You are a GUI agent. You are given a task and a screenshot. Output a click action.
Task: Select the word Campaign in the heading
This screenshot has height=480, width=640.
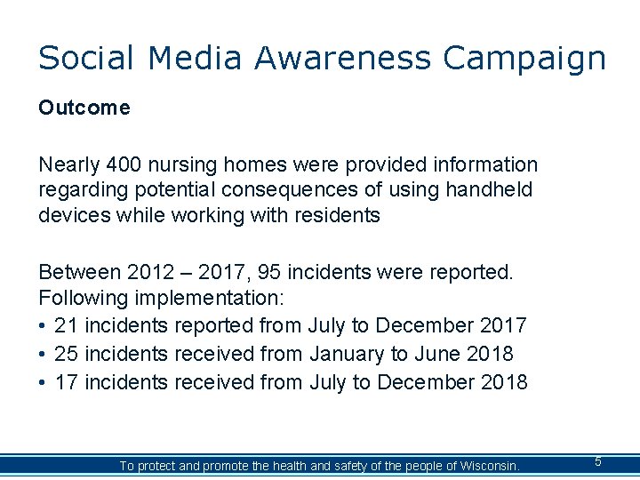pos(524,58)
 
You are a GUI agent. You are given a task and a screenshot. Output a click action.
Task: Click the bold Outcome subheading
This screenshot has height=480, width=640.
pos(84,108)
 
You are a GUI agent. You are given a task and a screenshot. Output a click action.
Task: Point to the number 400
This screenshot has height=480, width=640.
pos(122,165)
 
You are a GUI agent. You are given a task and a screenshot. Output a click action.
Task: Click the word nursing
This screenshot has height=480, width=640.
pos(184,165)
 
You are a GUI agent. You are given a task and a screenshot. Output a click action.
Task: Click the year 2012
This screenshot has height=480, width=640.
pos(152,272)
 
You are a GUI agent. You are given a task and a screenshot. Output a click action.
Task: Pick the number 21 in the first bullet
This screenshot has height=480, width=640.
pos(66,326)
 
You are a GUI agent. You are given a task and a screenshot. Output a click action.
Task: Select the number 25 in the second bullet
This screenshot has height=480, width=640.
pos(66,355)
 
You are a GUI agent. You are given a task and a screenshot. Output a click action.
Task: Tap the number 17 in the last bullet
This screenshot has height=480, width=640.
pos(66,383)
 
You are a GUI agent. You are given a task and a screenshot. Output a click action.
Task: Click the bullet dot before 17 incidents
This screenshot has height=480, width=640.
pos(43,383)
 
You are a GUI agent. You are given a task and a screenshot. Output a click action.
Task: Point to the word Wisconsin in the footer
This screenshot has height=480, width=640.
pos(486,466)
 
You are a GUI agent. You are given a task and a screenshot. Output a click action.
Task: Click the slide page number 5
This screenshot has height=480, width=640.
pos(598,461)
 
